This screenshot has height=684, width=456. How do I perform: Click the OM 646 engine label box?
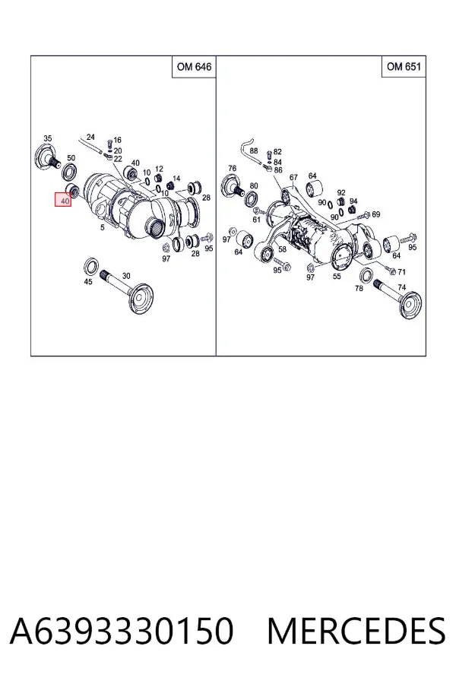point(194,67)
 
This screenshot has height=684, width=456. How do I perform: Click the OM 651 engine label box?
point(404,66)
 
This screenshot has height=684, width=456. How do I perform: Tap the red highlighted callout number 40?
point(63,200)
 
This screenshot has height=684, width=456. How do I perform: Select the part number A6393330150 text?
point(122,632)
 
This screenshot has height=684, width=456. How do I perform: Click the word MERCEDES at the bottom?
point(356,631)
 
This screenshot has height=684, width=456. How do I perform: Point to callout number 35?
point(48,138)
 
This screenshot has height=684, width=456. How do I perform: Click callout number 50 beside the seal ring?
point(71,158)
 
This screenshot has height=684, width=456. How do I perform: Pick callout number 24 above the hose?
point(90,137)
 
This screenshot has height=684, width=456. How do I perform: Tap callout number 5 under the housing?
point(103,227)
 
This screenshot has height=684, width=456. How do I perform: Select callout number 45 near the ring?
point(88,282)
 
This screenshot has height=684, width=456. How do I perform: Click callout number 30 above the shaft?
point(126,276)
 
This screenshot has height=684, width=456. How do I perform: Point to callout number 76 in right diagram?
point(232,168)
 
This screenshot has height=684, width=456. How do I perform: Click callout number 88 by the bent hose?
point(254,151)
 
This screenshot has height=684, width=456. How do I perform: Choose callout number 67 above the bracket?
point(293,177)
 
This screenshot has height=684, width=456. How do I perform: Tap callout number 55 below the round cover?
point(337,276)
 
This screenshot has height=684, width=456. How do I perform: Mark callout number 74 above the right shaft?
point(401,287)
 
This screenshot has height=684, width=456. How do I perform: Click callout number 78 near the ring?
point(359,288)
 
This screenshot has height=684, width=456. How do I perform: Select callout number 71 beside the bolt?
point(401,272)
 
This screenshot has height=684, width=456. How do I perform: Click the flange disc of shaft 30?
point(142,299)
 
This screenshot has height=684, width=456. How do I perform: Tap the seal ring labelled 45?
point(91,266)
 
